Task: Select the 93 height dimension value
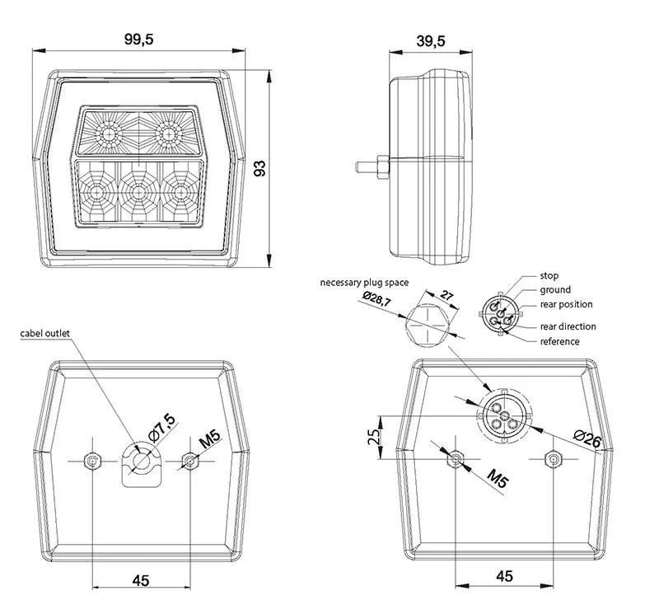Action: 260,169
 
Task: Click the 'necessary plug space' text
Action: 365,283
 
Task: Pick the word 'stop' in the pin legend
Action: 549,275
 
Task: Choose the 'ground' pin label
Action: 555,290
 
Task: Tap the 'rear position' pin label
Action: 566,305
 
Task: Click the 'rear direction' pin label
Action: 568,326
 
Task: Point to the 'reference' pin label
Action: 559,341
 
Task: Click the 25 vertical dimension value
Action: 376,435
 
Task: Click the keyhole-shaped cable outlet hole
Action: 141,463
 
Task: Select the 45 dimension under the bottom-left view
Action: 141,581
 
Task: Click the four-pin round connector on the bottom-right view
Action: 501,414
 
